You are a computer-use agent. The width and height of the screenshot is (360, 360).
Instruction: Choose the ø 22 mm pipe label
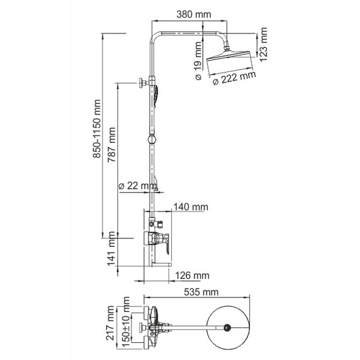coord(138,186)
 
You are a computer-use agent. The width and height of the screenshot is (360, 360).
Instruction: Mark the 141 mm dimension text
coord(112,255)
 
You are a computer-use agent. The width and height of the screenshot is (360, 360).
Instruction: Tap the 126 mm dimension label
coord(192,275)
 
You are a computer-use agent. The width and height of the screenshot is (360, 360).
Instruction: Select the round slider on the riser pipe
coord(152,140)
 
